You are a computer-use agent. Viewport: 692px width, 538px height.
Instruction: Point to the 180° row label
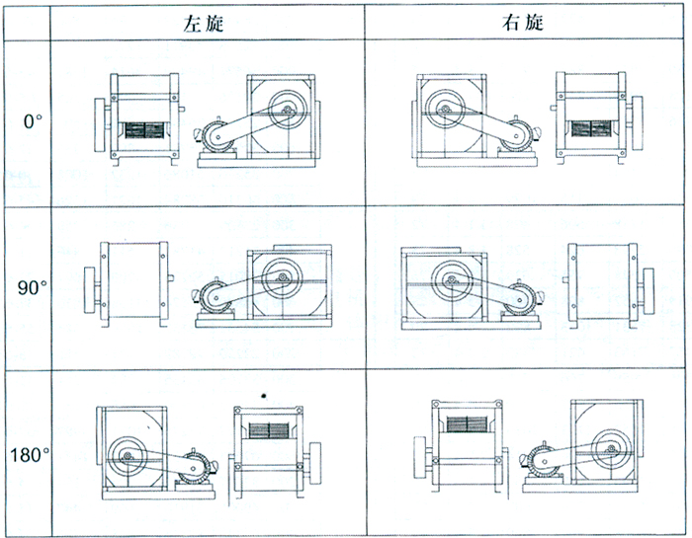[x=32, y=456]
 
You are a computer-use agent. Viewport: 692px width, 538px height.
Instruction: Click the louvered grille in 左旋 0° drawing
[x=142, y=130]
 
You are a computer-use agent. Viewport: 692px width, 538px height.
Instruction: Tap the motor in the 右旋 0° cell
[x=516, y=138]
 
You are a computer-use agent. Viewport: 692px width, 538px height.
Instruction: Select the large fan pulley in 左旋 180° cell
[x=128, y=457]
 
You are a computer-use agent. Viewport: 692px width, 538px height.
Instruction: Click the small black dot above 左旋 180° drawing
[x=264, y=395]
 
